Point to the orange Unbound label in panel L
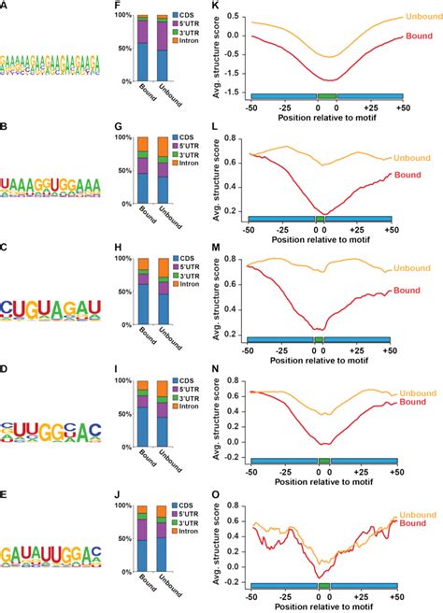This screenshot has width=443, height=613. (x=417, y=159)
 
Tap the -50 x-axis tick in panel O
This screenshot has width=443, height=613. (x=250, y=594)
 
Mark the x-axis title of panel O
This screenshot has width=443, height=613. (x=323, y=606)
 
